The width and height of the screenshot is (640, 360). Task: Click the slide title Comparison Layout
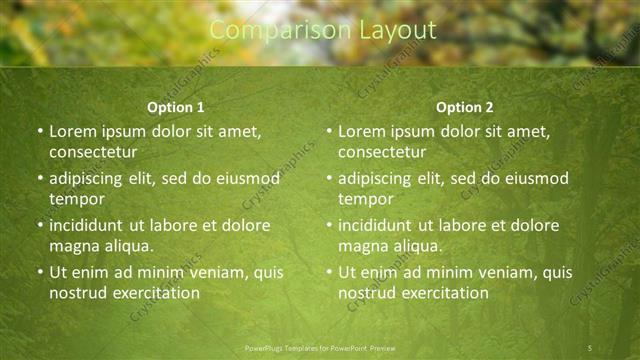pos(323,31)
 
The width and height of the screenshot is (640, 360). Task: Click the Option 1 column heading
pos(176,107)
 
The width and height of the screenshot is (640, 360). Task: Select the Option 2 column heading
pos(465,107)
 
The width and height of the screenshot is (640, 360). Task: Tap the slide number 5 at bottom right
pos(590,347)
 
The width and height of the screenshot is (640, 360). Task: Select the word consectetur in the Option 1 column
pos(93,152)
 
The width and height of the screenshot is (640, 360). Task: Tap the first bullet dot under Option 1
pos(39,131)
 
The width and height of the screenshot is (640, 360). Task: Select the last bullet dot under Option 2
pos(328,272)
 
